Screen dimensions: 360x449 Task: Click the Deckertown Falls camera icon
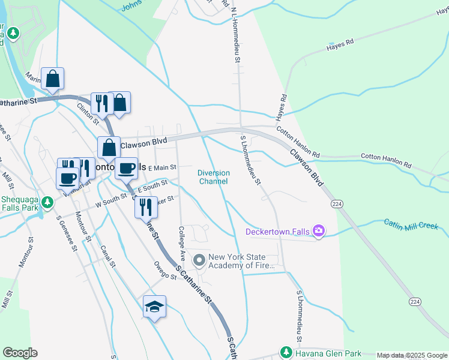tap(319, 231)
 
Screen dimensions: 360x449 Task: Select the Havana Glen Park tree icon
tap(285, 352)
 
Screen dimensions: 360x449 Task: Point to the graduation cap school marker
tap(155, 306)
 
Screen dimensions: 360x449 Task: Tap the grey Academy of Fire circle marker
tap(199, 260)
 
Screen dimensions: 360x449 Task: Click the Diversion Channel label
tap(214, 177)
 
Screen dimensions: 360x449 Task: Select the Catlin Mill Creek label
tap(412, 224)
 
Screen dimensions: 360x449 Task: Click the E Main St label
tap(161, 168)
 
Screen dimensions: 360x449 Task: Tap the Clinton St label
tap(88, 112)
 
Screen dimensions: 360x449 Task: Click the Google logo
tap(20, 352)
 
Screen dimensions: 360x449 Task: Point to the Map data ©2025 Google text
tap(411, 355)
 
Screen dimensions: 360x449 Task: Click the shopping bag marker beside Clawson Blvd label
tap(109, 147)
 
